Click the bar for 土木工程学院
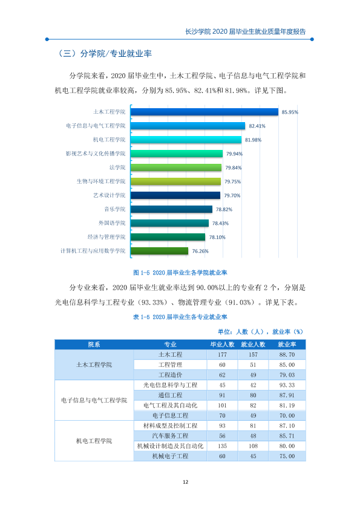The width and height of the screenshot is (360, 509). tap(205, 112)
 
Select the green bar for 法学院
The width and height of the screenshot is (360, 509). tap(176, 167)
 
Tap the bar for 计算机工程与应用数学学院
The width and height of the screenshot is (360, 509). tap(159, 251)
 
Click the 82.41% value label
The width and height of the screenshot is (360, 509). tap(257, 126)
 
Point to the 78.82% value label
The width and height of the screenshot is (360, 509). tap(224, 209)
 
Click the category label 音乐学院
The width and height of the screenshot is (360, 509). tap(115, 209)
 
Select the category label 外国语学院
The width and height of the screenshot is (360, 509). tap(112, 223)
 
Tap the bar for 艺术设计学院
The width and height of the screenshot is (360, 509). tap(175, 195)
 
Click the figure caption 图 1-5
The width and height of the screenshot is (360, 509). tap(180, 273)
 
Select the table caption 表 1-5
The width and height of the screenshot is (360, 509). tap(180, 317)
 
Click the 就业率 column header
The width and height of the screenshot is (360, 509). tap(287, 345)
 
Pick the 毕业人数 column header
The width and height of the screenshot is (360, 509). tap(222, 345)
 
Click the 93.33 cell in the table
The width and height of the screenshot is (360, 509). tap(287, 385)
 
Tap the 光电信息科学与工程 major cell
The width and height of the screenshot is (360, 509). tap(170, 385)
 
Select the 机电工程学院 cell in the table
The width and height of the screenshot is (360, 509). tap(94, 441)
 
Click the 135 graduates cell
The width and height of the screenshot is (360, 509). tap(222, 446)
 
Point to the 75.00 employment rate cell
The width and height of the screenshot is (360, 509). tap(287, 456)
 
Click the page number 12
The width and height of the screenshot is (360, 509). tap(186, 482)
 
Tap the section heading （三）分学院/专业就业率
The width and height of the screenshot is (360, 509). tap(104, 54)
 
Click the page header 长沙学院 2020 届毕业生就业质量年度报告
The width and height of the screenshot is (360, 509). tap(245, 31)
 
